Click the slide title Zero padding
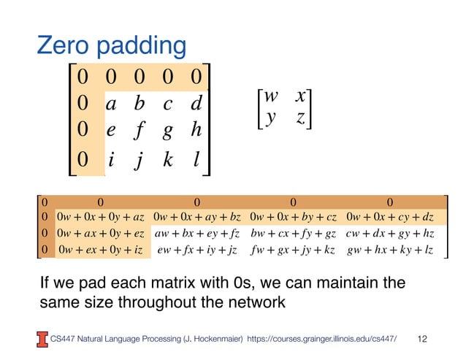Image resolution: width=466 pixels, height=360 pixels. tap(112, 46)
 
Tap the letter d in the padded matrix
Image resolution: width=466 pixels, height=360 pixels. tap(195, 104)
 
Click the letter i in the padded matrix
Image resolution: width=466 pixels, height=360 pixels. tap(110, 159)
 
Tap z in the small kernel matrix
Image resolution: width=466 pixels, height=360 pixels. tap(299, 118)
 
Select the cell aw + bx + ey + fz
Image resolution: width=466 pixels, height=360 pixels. tap(197, 234)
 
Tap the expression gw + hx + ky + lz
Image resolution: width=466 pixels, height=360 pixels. tap(391, 250)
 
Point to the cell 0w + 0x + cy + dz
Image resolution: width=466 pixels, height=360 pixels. tap(391, 217)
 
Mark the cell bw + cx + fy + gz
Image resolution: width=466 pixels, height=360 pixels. tap(293, 234)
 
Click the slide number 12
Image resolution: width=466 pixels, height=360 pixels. tap(421, 338)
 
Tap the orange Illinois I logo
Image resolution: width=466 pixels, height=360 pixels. tap(42, 337)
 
